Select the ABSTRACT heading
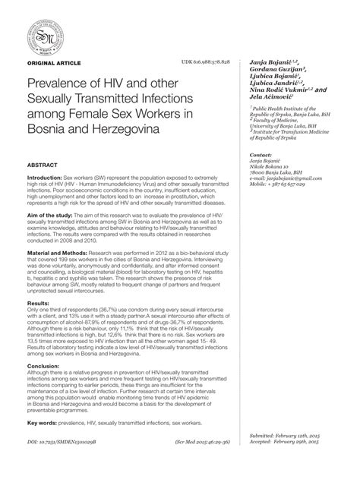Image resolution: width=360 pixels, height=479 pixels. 43,164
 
